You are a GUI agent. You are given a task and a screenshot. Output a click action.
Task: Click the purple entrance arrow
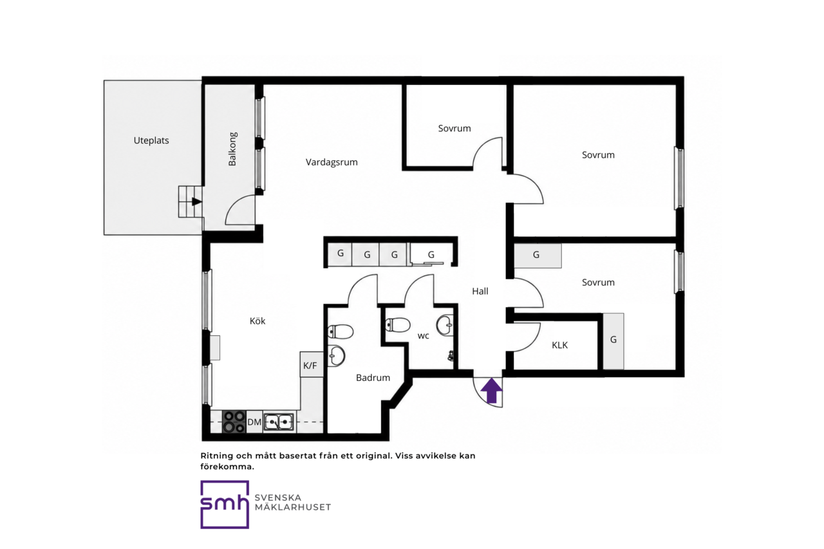click(492, 391)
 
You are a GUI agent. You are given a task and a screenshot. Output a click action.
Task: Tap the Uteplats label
click(151, 140)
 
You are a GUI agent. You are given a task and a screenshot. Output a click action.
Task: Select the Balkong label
click(232, 149)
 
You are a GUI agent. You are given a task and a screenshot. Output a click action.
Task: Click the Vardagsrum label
click(332, 162)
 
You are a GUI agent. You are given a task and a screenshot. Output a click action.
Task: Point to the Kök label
click(257, 321)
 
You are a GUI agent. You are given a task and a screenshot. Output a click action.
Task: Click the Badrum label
click(373, 378)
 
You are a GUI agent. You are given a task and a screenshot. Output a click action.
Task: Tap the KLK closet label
click(559, 345)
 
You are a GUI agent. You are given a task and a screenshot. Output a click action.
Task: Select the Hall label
click(480, 291)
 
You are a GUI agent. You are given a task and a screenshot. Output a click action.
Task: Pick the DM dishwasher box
click(254, 422)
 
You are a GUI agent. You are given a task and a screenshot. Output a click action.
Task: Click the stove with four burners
click(234, 422)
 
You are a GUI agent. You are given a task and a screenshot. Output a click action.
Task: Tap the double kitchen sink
click(279, 422)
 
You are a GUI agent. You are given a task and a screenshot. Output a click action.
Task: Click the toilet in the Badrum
click(341, 331)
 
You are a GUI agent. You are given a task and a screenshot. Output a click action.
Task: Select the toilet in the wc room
click(398, 325)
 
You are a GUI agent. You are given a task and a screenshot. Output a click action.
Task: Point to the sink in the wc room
click(445, 325)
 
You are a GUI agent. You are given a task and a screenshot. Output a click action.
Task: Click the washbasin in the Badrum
click(336, 355)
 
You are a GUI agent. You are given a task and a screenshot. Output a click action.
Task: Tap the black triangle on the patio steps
click(197, 201)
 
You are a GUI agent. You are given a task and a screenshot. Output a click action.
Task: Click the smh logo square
click(225, 505)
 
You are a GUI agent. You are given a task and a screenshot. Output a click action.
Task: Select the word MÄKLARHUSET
click(293, 507)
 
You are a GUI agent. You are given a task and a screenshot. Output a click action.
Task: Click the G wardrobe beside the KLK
click(613, 341)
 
